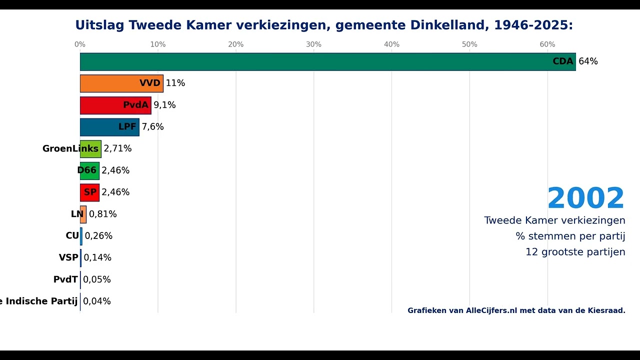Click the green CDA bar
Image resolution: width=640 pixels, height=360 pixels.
327,61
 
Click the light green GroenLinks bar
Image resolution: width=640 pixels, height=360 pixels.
90,149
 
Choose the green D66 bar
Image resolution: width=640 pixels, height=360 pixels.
89,170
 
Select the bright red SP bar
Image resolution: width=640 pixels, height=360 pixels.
89,192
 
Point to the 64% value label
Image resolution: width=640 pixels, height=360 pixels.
588,61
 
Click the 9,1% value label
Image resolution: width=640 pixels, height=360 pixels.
164,105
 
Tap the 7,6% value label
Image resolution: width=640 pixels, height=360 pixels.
152,127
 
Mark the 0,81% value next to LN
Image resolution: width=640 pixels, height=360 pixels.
102,214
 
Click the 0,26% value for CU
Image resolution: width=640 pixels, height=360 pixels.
98,236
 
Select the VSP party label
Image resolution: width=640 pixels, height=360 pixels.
68,257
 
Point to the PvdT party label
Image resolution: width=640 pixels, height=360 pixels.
65,279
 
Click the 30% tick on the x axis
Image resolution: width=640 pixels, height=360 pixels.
313,44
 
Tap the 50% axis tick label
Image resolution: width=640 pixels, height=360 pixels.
469,44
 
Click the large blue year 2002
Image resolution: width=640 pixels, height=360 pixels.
586,198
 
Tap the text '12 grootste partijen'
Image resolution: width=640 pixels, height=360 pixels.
575,252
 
